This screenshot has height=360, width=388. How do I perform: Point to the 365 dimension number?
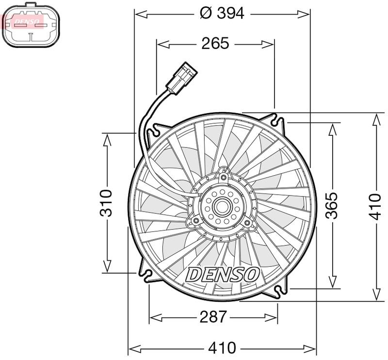[331, 206]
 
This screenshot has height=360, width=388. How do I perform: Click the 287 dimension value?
[213, 317]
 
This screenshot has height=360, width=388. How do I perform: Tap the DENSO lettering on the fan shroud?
[223, 274]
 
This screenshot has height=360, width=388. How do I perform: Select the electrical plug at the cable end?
[182, 78]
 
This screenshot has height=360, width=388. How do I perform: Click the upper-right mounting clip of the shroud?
[278, 119]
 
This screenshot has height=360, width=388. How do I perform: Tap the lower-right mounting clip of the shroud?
[280, 292]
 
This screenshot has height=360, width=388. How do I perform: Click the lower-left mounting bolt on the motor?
[195, 222]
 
